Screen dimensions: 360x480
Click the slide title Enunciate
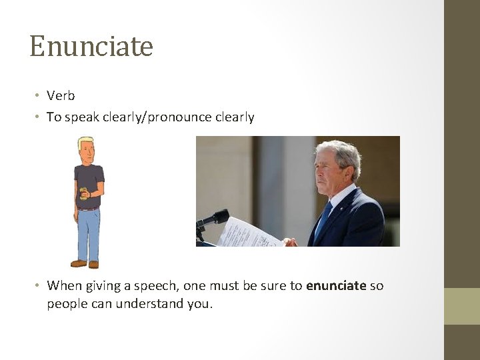91,47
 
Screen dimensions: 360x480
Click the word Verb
61,96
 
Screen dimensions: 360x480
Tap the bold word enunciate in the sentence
336,285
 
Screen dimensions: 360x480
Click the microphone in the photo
215,218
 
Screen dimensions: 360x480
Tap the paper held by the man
248,233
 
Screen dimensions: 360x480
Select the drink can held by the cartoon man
84,193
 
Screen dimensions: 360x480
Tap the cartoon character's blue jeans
88,233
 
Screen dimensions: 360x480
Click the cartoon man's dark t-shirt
89,183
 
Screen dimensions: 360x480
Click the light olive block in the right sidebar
462,306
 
